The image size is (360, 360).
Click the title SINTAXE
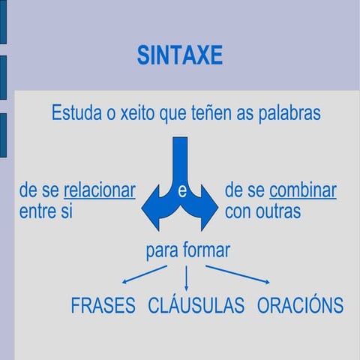tap(179, 55)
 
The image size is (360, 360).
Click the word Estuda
tap(76, 113)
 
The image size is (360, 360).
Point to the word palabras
tap(288, 113)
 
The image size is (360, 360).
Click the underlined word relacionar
tap(100, 190)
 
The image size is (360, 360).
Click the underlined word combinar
tap(302, 190)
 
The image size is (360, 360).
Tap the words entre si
tap(46, 211)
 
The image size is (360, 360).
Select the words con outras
tap(262, 211)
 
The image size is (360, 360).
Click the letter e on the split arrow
tap(181, 192)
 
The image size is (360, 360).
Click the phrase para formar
tap(187, 250)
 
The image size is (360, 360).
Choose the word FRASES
tap(103, 305)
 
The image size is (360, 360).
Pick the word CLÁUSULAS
tap(196, 305)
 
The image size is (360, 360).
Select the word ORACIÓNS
tap(300, 305)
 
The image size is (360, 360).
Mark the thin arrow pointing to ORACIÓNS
tap(238, 274)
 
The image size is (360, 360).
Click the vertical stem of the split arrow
tap(180, 154)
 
